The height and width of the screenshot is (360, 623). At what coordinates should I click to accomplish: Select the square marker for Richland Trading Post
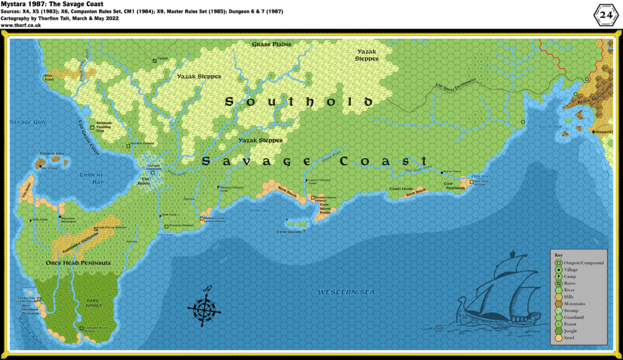(x=92, y=128)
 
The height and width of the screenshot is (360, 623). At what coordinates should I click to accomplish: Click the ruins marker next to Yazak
(x=155, y=60)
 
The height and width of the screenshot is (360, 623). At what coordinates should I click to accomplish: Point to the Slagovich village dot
(x=593, y=132)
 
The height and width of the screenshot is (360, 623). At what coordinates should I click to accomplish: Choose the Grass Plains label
(x=272, y=44)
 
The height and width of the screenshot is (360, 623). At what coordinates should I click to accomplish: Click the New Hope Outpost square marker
(x=471, y=181)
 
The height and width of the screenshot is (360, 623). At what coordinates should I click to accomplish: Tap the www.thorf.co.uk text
(x=20, y=25)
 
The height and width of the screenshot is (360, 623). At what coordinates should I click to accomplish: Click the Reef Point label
(x=49, y=77)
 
